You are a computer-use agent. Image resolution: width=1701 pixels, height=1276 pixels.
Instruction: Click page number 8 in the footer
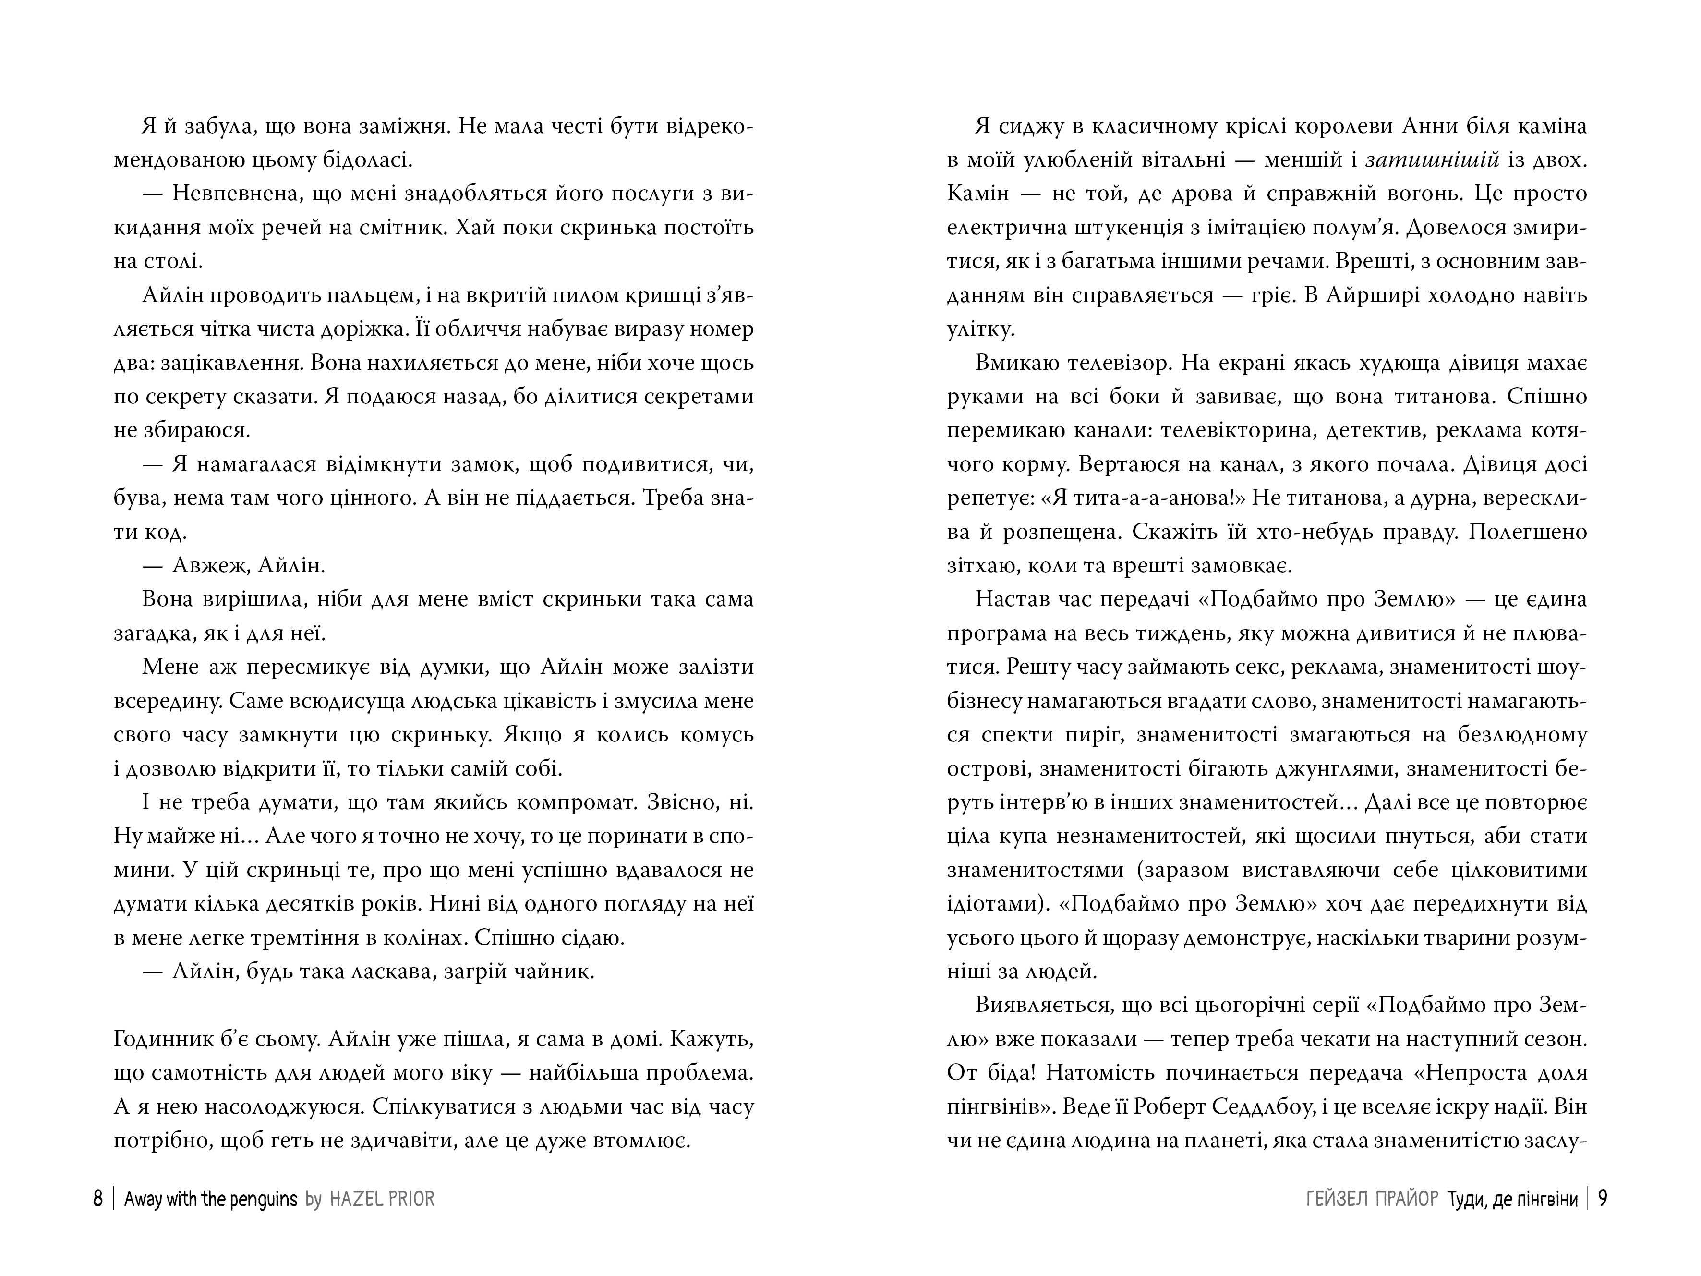pos(97,1199)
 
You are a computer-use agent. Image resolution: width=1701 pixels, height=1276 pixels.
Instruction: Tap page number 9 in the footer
pos(1603,1199)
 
